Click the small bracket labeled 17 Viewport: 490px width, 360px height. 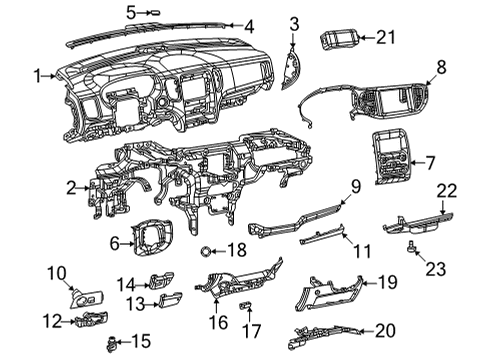pyautogui.click(x=246, y=303)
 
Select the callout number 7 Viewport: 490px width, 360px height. pyautogui.click(x=431, y=161)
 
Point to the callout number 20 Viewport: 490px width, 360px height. pyautogui.click(x=384, y=329)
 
